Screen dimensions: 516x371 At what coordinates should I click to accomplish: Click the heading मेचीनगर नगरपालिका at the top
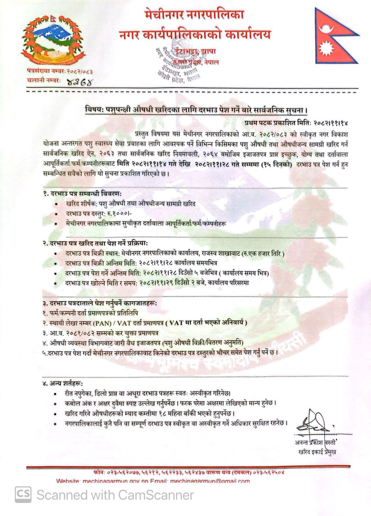click(x=194, y=15)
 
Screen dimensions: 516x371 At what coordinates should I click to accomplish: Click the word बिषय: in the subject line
click(x=93, y=110)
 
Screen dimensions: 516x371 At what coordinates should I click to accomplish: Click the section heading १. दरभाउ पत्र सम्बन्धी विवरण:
click(x=82, y=194)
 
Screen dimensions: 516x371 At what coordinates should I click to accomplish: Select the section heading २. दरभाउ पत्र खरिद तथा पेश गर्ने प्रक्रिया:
click(x=95, y=243)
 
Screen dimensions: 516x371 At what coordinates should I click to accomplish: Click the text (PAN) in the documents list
click(x=103, y=322)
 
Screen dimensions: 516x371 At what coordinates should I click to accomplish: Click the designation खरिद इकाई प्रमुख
click(x=317, y=452)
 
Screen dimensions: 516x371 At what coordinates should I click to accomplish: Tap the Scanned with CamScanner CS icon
click(x=23, y=494)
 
